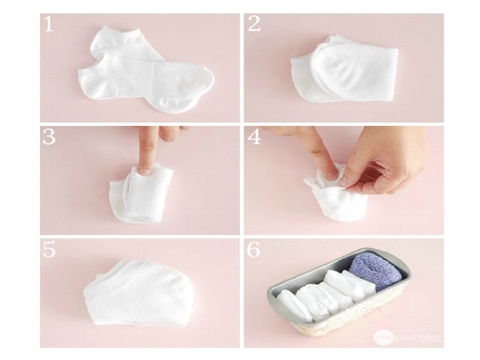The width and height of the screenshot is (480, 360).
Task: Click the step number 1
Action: click(x=49, y=24)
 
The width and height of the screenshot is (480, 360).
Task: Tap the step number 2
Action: click(x=254, y=24)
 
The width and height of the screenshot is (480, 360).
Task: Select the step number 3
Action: click(x=49, y=137)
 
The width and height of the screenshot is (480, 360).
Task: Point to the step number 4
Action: click(x=255, y=137)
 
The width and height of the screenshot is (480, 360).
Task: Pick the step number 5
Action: click(x=49, y=249)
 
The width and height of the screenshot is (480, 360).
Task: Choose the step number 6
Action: click(x=254, y=249)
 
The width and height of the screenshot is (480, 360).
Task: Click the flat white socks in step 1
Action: click(x=145, y=71)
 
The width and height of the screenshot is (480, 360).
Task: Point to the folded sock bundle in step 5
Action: click(x=141, y=293)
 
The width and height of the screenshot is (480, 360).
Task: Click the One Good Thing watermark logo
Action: click(x=407, y=337)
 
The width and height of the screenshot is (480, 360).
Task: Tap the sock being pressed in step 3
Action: click(x=141, y=194)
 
